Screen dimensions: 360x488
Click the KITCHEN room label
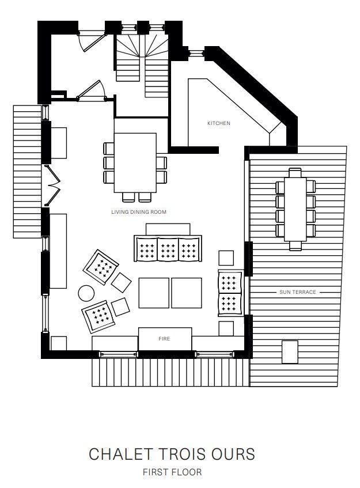click(219, 123)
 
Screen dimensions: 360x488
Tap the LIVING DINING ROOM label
click(139, 212)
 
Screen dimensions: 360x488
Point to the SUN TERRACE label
click(297, 292)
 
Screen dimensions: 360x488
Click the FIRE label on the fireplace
click(164, 339)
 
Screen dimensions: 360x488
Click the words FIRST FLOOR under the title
click(172, 472)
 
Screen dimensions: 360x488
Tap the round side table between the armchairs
click(86, 293)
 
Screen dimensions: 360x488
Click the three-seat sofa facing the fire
click(168, 248)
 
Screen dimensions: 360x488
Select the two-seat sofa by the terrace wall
click(230, 293)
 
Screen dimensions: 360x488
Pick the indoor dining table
click(135, 163)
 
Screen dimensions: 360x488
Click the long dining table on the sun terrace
click(295, 209)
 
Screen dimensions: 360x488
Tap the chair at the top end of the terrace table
click(295, 172)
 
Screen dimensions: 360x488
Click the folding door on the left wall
click(52, 186)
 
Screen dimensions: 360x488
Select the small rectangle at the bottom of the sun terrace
click(290, 352)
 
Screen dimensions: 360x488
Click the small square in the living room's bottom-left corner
click(59, 343)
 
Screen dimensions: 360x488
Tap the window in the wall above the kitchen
click(196, 53)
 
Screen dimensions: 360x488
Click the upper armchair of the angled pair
click(101, 267)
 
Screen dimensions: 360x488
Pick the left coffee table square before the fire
click(154, 293)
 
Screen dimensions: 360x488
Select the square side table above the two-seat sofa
click(226, 258)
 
